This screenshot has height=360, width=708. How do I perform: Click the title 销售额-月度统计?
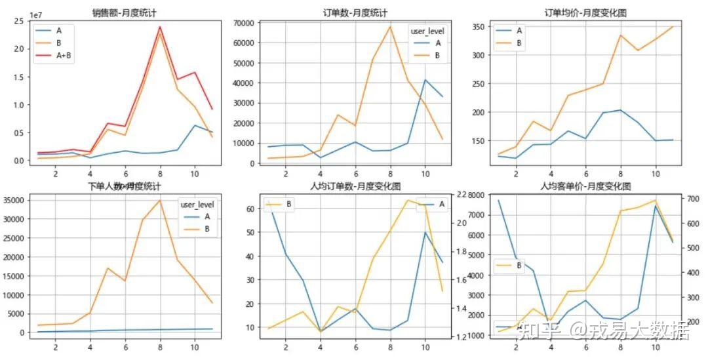(x=125, y=12)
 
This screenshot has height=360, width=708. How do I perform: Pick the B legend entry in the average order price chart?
(x=519, y=43)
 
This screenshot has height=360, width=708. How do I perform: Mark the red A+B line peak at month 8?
(x=160, y=28)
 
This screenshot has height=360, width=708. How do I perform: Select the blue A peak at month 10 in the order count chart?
(x=425, y=80)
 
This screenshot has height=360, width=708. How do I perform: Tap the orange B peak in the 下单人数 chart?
(x=160, y=201)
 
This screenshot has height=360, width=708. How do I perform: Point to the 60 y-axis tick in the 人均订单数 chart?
(x=250, y=209)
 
